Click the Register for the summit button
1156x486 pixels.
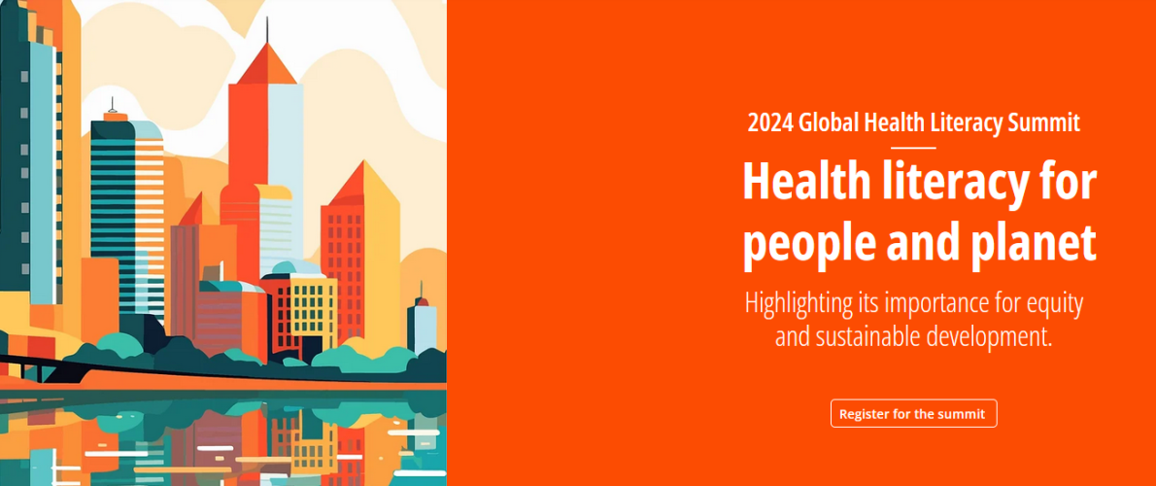coord(913,414)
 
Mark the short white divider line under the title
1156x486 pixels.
coord(913,148)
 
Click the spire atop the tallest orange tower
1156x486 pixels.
coord(267,29)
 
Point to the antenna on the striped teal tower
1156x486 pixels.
coord(112,105)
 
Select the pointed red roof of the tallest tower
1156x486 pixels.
coord(266,65)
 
